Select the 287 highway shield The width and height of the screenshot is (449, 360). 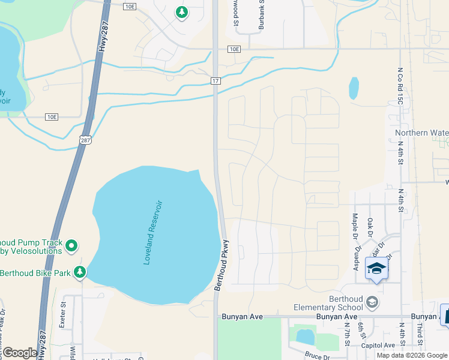point(86,139)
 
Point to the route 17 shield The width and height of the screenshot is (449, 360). point(216,80)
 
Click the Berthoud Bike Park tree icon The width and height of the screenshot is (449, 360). point(79,272)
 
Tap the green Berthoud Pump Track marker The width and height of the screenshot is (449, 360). point(71,245)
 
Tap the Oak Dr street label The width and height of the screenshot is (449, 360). point(370,227)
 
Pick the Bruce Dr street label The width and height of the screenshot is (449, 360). point(317,357)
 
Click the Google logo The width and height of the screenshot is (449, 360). point(20,353)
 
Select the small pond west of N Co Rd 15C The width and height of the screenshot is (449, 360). point(354,88)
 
